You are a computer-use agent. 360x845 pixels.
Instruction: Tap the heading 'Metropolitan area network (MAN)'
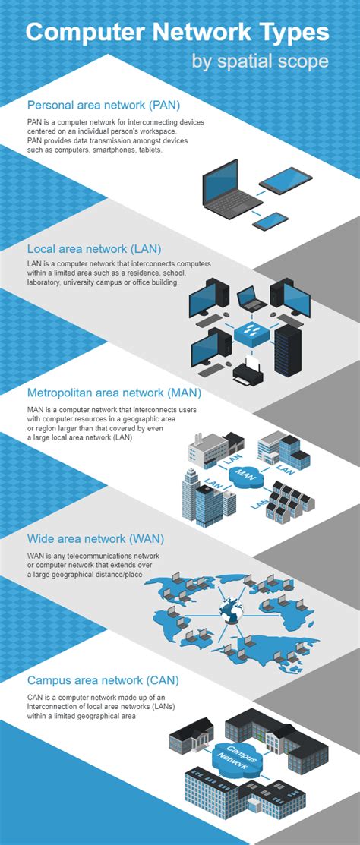click(x=114, y=393)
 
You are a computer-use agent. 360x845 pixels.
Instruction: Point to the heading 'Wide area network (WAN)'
click(x=96, y=539)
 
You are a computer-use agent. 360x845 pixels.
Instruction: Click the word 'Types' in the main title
click(x=289, y=33)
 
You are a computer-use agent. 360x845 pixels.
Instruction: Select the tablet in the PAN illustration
click(x=286, y=181)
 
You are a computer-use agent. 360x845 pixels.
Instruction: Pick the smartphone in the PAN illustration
click(x=270, y=220)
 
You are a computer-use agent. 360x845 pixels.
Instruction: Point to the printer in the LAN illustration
click(x=247, y=371)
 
